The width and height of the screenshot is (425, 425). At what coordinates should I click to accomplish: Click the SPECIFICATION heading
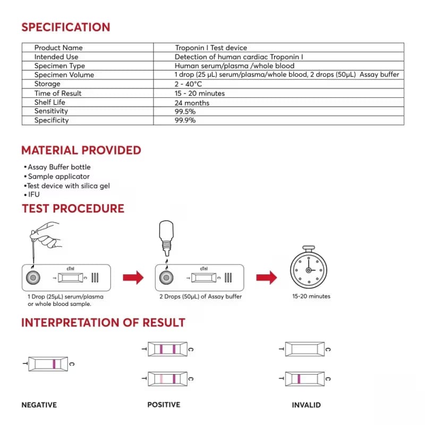pyautogui.click(x=65, y=27)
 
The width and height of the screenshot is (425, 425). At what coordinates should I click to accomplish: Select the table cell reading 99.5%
pyautogui.click(x=185, y=111)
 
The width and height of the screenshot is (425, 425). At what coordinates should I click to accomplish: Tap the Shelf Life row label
pyautogui.click(x=50, y=102)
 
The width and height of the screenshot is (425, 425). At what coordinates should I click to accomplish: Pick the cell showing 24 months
pyautogui.click(x=192, y=103)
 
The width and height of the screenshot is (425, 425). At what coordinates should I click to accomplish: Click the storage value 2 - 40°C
pyautogui.click(x=189, y=84)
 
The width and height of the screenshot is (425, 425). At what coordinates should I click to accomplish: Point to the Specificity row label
pyautogui.click(x=52, y=120)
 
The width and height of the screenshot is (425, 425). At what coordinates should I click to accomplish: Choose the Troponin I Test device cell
pyautogui.click(x=211, y=48)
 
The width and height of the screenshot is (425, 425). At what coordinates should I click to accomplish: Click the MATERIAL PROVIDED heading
pyautogui.click(x=81, y=150)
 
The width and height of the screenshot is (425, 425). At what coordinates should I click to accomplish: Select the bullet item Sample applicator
pyautogui.click(x=59, y=176)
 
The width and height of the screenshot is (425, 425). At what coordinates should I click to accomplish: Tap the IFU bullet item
pyautogui.click(x=33, y=194)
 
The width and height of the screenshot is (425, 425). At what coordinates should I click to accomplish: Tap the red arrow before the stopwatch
pyautogui.click(x=266, y=277)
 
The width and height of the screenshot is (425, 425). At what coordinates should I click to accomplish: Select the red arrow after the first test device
pyautogui.click(x=133, y=277)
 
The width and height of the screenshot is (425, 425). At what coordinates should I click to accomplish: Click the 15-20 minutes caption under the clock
pyautogui.click(x=311, y=296)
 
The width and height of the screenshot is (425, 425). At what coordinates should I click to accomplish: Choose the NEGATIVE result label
pyautogui.click(x=39, y=405)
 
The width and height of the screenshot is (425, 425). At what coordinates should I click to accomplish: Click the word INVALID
pyautogui.click(x=306, y=405)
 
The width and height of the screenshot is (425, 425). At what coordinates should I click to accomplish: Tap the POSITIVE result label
pyautogui.click(x=164, y=405)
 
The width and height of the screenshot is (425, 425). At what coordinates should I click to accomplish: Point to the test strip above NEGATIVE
pyautogui.click(x=48, y=364)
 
